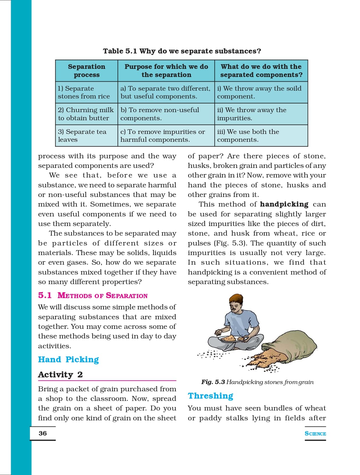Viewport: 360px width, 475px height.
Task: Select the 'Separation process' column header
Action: click(x=87, y=71)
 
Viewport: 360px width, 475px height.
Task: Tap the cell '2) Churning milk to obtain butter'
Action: click(x=86, y=114)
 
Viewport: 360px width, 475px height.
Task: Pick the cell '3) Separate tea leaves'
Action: click(x=82, y=136)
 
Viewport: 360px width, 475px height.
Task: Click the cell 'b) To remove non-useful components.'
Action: click(x=160, y=114)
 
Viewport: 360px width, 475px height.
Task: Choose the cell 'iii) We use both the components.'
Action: click(x=248, y=136)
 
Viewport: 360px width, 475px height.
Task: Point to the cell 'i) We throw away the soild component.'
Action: click(x=259, y=92)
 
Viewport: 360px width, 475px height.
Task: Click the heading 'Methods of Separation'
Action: click(x=103, y=296)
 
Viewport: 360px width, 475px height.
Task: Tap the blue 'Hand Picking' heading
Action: click(x=69, y=360)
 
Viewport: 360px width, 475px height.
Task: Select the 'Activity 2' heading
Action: click(x=60, y=375)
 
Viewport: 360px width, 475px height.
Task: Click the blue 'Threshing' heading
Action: click(x=211, y=396)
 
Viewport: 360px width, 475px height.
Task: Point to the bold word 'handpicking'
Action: click(x=284, y=205)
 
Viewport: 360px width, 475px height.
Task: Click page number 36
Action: click(x=43, y=433)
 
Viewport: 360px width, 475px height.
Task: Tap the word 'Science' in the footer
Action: click(x=315, y=434)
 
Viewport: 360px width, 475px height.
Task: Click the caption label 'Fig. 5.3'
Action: click(x=213, y=382)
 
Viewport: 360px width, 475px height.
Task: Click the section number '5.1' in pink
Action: click(x=45, y=295)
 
